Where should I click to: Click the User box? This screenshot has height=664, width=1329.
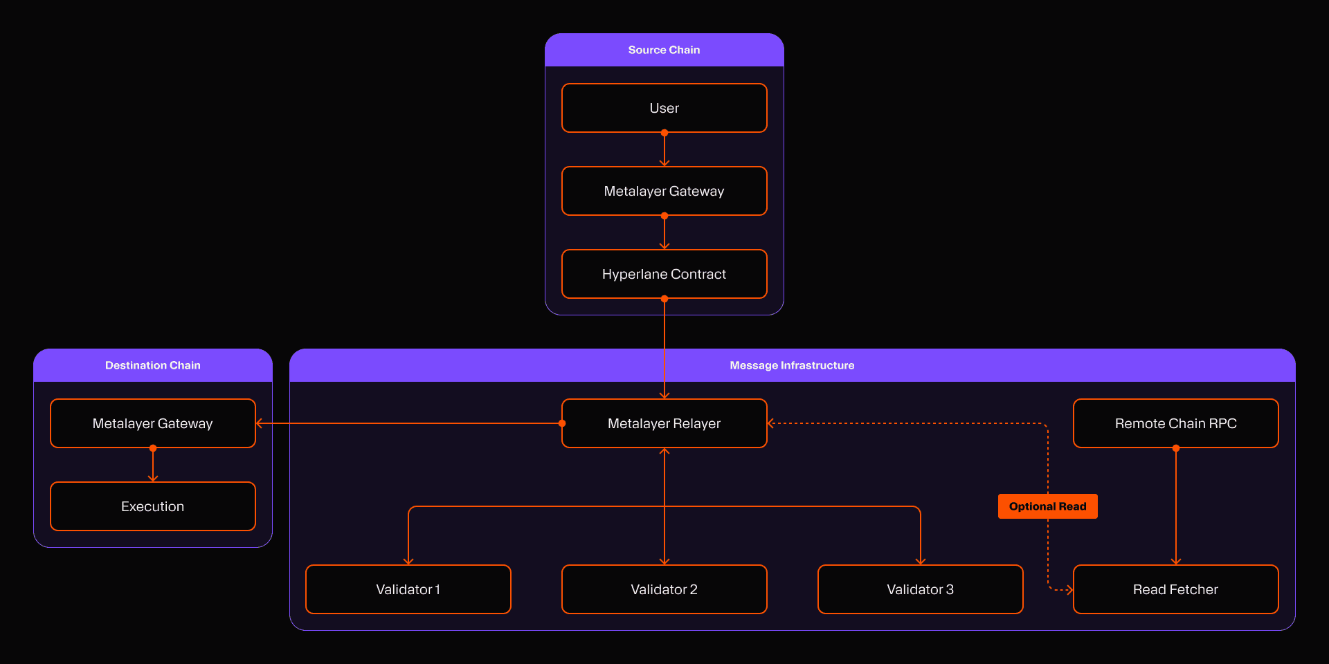[664, 108]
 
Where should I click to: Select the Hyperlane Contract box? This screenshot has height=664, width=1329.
[664, 274]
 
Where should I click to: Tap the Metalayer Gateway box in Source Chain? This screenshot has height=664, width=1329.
[664, 191]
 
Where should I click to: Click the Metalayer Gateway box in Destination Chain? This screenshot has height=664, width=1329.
[152, 423]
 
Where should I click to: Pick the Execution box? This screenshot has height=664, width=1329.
[152, 506]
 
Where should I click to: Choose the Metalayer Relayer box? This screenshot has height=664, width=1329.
[664, 423]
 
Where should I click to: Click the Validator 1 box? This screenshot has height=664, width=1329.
[408, 589]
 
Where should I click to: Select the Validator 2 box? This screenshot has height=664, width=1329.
[664, 589]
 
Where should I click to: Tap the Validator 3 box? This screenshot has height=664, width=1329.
[920, 589]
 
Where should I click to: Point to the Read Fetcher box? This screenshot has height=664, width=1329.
[1175, 589]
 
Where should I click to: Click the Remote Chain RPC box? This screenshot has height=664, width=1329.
[1175, 423]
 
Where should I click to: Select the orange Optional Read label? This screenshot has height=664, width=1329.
[1047, 506]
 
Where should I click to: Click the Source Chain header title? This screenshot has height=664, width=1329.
[664, 50]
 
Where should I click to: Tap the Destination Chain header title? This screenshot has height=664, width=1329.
[152, 365]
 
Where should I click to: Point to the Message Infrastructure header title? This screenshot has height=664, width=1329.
[792, 365]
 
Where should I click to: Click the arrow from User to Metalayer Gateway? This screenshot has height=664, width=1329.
[664, 149]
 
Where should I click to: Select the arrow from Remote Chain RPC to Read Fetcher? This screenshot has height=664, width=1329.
[1176, 505]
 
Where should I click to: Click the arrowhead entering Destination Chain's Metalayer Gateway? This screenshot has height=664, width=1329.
[260, 423]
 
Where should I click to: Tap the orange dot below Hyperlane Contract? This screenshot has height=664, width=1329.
[664, 299]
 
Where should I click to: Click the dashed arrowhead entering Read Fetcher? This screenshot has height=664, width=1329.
[1069, 590]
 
